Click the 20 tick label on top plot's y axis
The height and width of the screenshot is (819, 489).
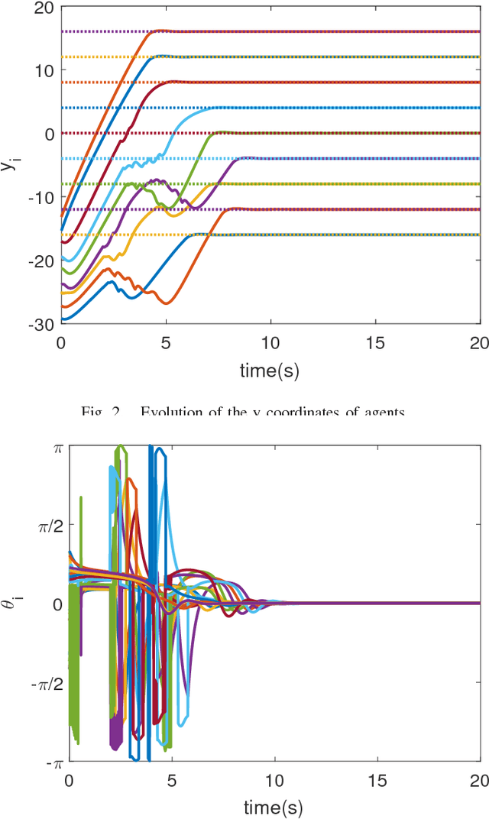point(44,7)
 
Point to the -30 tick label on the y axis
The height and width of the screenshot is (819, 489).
point(40,324)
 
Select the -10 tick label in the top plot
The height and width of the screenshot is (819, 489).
point(40,197)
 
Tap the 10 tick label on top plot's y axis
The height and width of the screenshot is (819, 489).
point(44,70)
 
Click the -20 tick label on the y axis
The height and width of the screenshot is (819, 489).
point(40,261)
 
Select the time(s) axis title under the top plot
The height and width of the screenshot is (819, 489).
point(270,372)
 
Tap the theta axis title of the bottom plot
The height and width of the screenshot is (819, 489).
point(11,604)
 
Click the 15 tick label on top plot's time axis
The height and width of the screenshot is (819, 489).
point(375,344)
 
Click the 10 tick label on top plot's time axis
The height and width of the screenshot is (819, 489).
point(270,344)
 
